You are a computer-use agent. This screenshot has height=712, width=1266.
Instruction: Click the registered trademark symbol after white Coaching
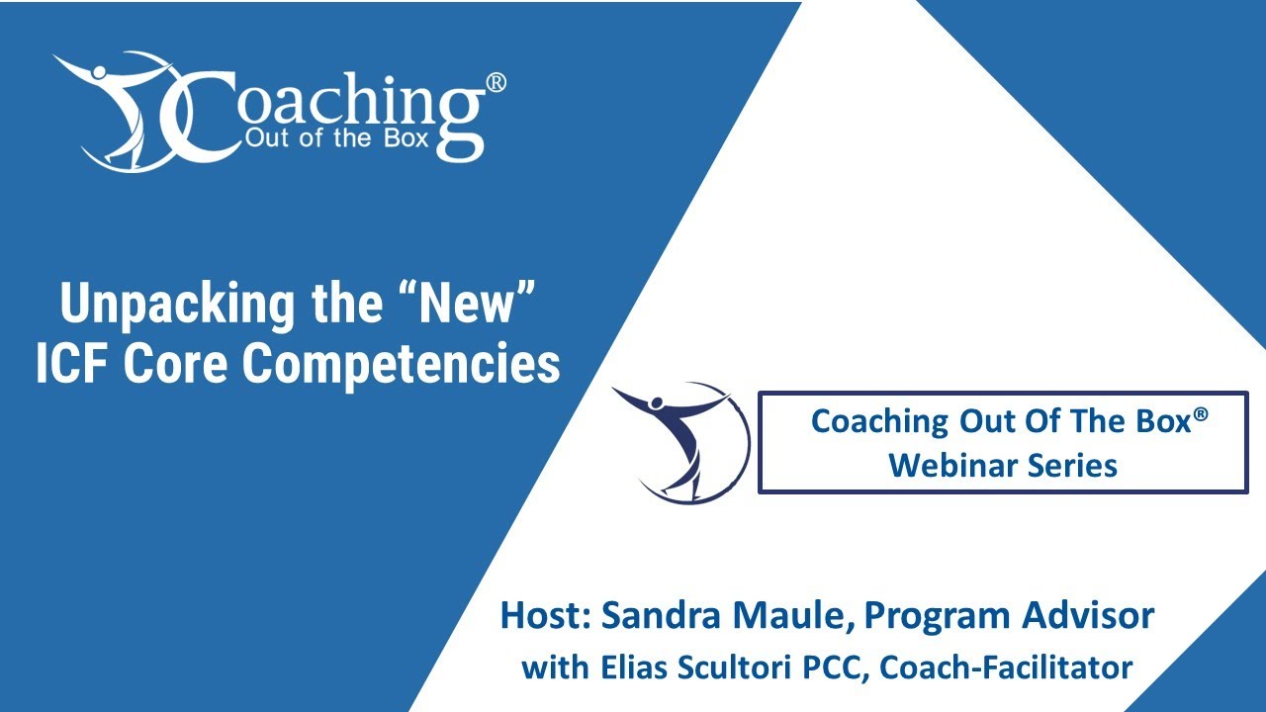(x=497, y=83)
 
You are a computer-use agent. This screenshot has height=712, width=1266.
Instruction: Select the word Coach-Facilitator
(x=1005, y=667)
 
